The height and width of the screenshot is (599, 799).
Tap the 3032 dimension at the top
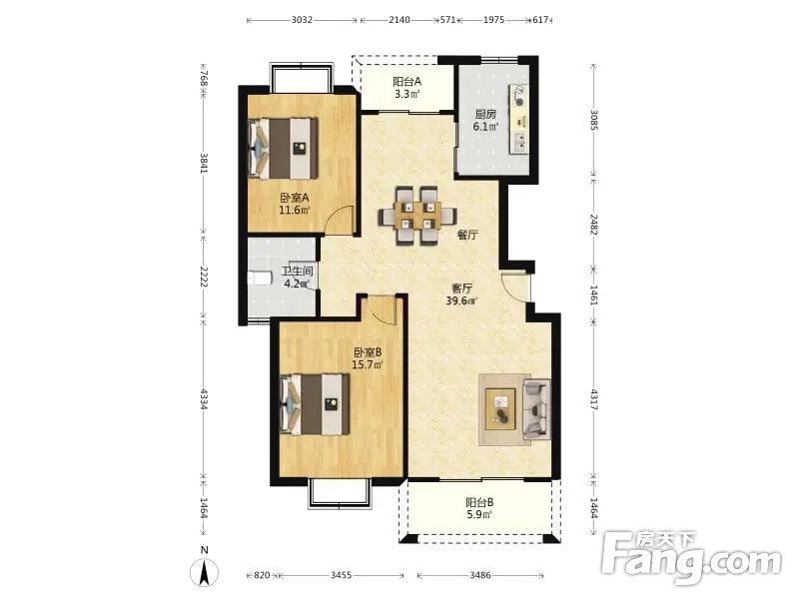(302, 20)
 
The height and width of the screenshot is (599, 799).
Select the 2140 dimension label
(399, 20)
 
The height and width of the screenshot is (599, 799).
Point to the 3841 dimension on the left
(204, 163)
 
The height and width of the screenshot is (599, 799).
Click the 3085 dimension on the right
(593, 120)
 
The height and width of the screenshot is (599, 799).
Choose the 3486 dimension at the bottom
(480, 575)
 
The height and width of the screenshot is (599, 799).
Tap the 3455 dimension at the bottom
(341, 575)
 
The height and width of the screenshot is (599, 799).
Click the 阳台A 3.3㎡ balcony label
(406, 87)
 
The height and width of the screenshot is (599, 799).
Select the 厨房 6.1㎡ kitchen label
(485, 120)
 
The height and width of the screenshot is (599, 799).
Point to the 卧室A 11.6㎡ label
(294, 204)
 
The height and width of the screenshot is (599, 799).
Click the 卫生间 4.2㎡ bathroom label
(297, 278)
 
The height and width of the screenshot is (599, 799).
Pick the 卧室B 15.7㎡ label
(368, 358)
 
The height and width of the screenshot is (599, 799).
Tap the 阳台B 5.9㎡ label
(479, 508)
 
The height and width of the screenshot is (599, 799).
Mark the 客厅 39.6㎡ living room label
(461, 295)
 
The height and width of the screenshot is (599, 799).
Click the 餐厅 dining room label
(467, 235)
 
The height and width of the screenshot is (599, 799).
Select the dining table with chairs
(416, 216)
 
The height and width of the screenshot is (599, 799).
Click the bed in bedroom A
(283, 148)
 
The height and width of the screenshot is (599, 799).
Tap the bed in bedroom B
(315, 404)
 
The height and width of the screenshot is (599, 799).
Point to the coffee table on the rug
(500, 408)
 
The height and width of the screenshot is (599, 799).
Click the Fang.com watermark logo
(690, 558)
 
